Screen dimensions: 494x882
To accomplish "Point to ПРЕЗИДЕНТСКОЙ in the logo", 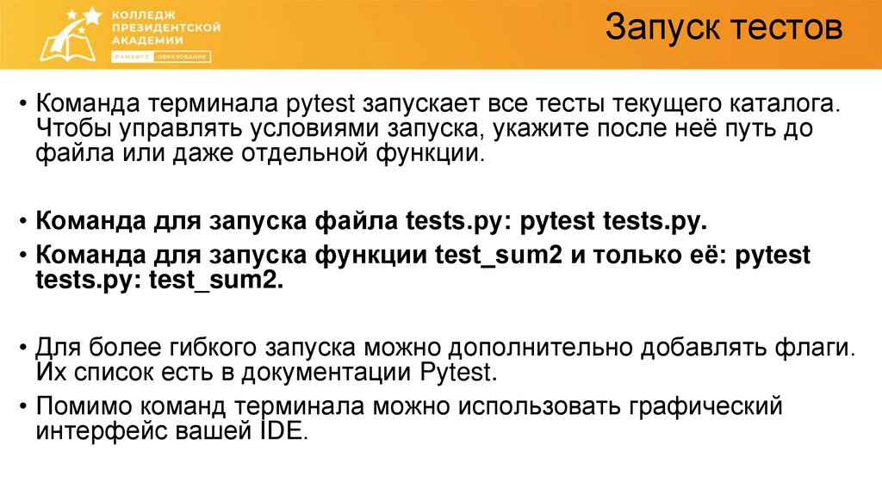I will pos(166,28).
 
